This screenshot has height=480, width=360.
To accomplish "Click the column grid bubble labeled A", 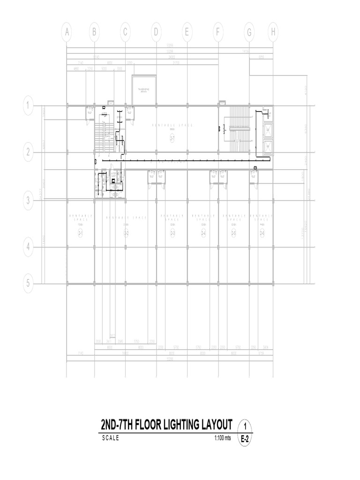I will tap(67, 32).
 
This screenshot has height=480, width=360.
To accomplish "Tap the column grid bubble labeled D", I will tap(156, 32).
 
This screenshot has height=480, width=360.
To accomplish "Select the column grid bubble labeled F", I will tap(218, 32).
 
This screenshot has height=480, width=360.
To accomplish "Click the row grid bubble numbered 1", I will tap(28, 105).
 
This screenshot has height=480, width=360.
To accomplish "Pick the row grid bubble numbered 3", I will tap(28, 201).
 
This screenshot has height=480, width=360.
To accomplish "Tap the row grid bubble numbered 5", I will tap(28, 283).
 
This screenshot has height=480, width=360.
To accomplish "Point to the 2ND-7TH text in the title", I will tap(116, 425).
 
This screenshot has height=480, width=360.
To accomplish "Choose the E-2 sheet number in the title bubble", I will tap(245, 440).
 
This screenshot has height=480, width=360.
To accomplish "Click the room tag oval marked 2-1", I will tap(80, 233).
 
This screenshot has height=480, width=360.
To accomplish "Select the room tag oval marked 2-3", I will tap(172, 233).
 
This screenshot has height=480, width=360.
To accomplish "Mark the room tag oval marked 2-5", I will tap(233, 233).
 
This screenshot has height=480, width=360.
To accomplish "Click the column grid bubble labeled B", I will tap(94, 32).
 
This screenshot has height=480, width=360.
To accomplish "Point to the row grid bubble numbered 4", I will tap(28, 247).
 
